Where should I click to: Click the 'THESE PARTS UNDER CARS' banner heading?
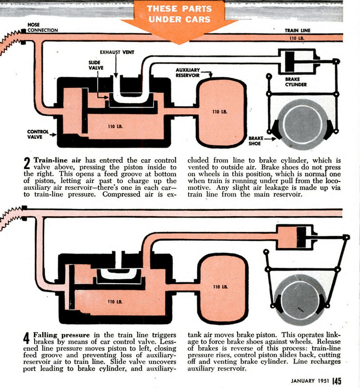tap(179, 15)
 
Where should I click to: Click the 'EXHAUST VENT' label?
tap(117, 53)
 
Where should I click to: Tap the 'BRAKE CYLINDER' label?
tap(296, 82)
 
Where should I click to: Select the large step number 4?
tap(26, 339)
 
